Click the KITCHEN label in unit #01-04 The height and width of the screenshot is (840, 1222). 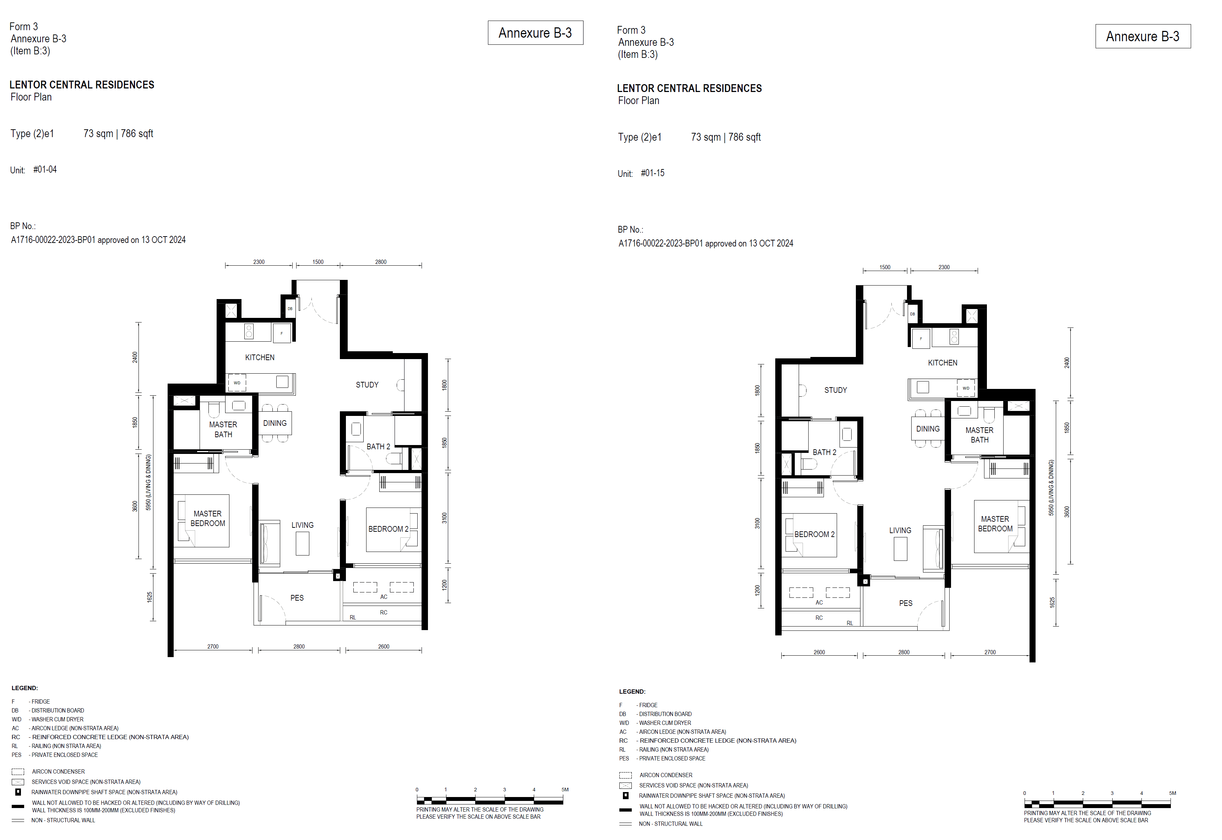(x=260, y=357)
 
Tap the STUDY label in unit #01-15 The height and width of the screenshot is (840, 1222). (x=835, y=390)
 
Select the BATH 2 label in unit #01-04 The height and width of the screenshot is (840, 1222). (x=378, y=446)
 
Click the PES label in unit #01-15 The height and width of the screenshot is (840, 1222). (x=905, y=603)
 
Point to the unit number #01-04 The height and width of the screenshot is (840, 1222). (x=45, y=169)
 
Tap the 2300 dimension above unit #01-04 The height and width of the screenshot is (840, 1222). (x=259, y=261)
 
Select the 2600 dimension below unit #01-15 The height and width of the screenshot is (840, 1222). (x=819, y=652)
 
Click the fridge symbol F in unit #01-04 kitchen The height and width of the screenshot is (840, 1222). (x=282, y=333)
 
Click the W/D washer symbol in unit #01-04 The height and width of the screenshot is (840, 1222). (x=237, y=383)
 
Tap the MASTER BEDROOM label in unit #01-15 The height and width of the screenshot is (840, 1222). (x=995, y=524)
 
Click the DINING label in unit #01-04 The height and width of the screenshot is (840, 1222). (x=275, y=423)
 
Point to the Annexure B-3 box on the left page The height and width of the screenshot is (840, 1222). (x=535, y=33)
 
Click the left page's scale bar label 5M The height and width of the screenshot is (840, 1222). (x=565, y=790)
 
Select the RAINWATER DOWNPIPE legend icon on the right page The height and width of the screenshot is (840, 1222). (x=625, y=795)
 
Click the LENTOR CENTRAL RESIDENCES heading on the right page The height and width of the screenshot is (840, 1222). (x=689, y=88)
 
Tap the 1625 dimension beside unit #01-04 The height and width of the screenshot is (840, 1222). (x=150, y=597)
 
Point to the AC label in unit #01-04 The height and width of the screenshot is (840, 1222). (x=384, y=597)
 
